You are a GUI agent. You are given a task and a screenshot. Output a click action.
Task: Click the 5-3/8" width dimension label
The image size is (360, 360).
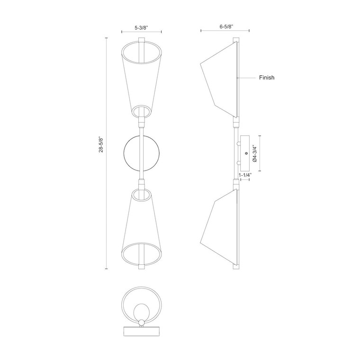141,28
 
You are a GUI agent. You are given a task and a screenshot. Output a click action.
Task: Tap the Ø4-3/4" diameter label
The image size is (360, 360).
255,154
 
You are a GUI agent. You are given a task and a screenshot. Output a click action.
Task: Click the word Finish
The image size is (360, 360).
267,77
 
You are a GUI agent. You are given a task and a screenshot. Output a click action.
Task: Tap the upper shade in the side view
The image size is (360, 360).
218,78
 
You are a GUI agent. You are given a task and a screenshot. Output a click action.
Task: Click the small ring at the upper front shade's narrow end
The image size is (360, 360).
141,112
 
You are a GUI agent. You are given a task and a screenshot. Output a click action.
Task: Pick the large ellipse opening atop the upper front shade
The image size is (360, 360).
141,51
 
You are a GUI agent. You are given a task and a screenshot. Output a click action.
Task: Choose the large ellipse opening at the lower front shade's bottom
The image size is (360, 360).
141,254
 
